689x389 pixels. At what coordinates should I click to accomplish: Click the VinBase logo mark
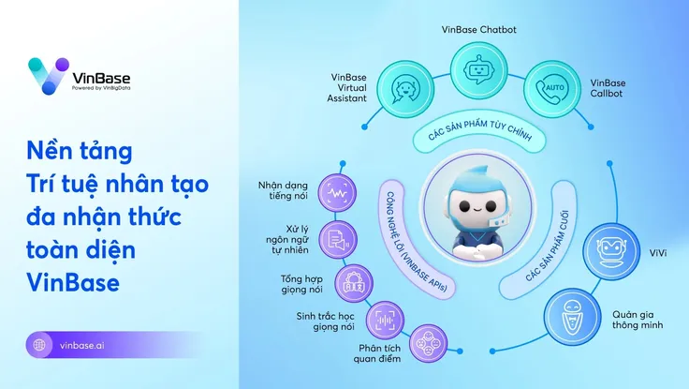coord(47,75)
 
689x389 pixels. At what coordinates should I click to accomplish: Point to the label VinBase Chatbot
coord(478,29)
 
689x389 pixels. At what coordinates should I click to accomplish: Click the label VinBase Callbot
coord(608,89)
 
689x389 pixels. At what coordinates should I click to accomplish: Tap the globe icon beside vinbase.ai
coord(39,345)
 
